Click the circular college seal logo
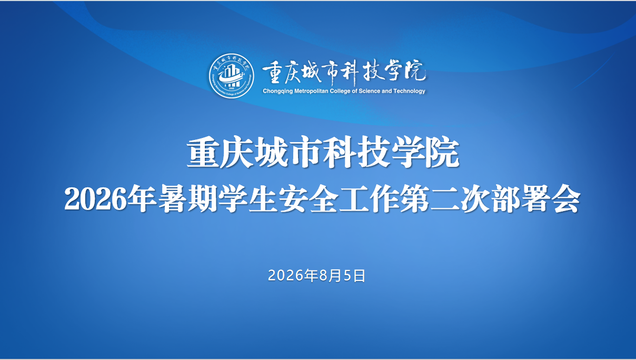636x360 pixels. tap(232, 76)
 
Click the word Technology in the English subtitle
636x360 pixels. tap(409, 91)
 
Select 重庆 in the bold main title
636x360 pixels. tap(220, 153)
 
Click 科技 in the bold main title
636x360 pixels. tap(356, 153)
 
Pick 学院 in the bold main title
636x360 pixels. tap(425, 153)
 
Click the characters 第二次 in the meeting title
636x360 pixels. tap(445, 199)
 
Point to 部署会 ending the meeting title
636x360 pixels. tap(535, 199)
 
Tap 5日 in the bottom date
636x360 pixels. tap(354, 276)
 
